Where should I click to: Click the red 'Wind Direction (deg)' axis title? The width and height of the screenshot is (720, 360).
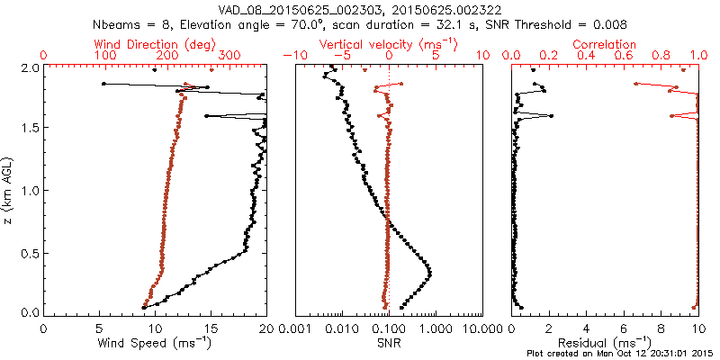pyautogui.click(x=156, y=44)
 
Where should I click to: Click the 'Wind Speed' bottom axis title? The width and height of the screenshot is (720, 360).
pyautogui.click(x=155, y=342)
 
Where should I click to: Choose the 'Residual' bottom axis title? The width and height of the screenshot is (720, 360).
pyautogui.click(x=605, y=342)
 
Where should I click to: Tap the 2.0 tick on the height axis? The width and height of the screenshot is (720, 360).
pyautogui.click(x=30, y=68)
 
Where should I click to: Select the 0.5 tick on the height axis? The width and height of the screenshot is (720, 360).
pyautogui.click(x=30, y=252)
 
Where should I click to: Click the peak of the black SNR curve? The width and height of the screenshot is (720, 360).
pyautogui.click(x=429, y=273)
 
